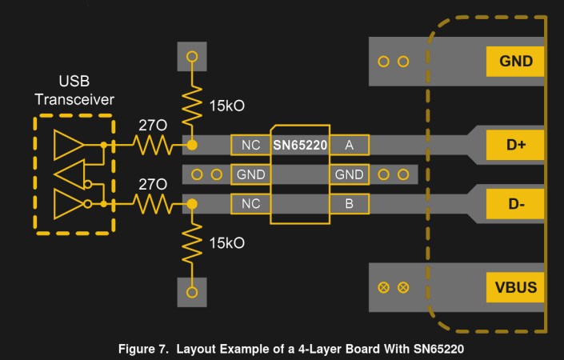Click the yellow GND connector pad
pos(514,61)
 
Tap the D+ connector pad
pos(514,145)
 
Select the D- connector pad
pos(514,204)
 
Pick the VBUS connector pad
pos(514,287)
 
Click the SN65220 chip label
pos(300,146)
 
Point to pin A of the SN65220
pos(350,145)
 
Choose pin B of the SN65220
pos(350,204)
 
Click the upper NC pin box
pos(250,145)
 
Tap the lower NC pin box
pos(250,204)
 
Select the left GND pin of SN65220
pos(250,174)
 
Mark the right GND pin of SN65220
pos(350,174)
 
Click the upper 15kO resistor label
pos(227,106)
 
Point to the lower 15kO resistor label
pos(227,243)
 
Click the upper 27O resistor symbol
pos(153,145)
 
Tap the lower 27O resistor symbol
pos(153,204)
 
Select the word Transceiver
pos(74,99)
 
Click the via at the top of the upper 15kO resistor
pos(192,57)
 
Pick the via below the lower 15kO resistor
pos(192,292)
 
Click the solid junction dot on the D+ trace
pos(192,146)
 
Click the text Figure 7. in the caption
pos(143,349)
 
